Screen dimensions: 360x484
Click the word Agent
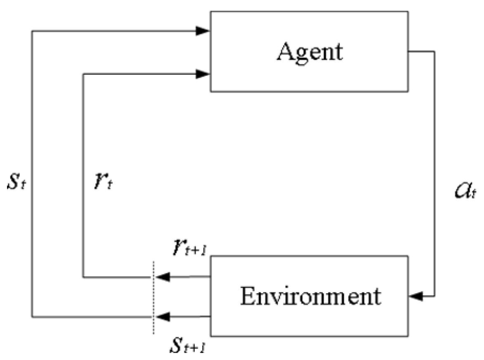pyautogui.click(x=310, y=52)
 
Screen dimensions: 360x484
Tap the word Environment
pyautogui.click(x=310, y=296)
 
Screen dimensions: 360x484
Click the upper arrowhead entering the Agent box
pyautogui.click(x=203, y=31)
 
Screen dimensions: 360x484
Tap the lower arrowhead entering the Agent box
pyautogui.click(x=203, y=74)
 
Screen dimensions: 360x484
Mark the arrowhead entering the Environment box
pyautogui.click(x=416, y=296)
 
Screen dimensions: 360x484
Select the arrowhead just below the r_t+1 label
pyautogui.click(x=164, y=277)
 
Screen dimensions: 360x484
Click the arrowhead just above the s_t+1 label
pyautogui.click(x=164, y=317)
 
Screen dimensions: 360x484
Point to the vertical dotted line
pyautogui.click(x=153, y=297)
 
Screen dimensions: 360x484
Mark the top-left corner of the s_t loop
pyautogui.click(x=32, y=31)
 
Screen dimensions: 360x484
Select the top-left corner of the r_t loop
pyautogui.click(x=83, y=74)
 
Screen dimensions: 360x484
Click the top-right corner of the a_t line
pyautogui.click(x=434, y=52)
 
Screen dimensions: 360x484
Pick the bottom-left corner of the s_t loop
pyautogui.click(x=32, y=317)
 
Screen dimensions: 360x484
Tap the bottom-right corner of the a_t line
pyautogui.click(x=434, y=296)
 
